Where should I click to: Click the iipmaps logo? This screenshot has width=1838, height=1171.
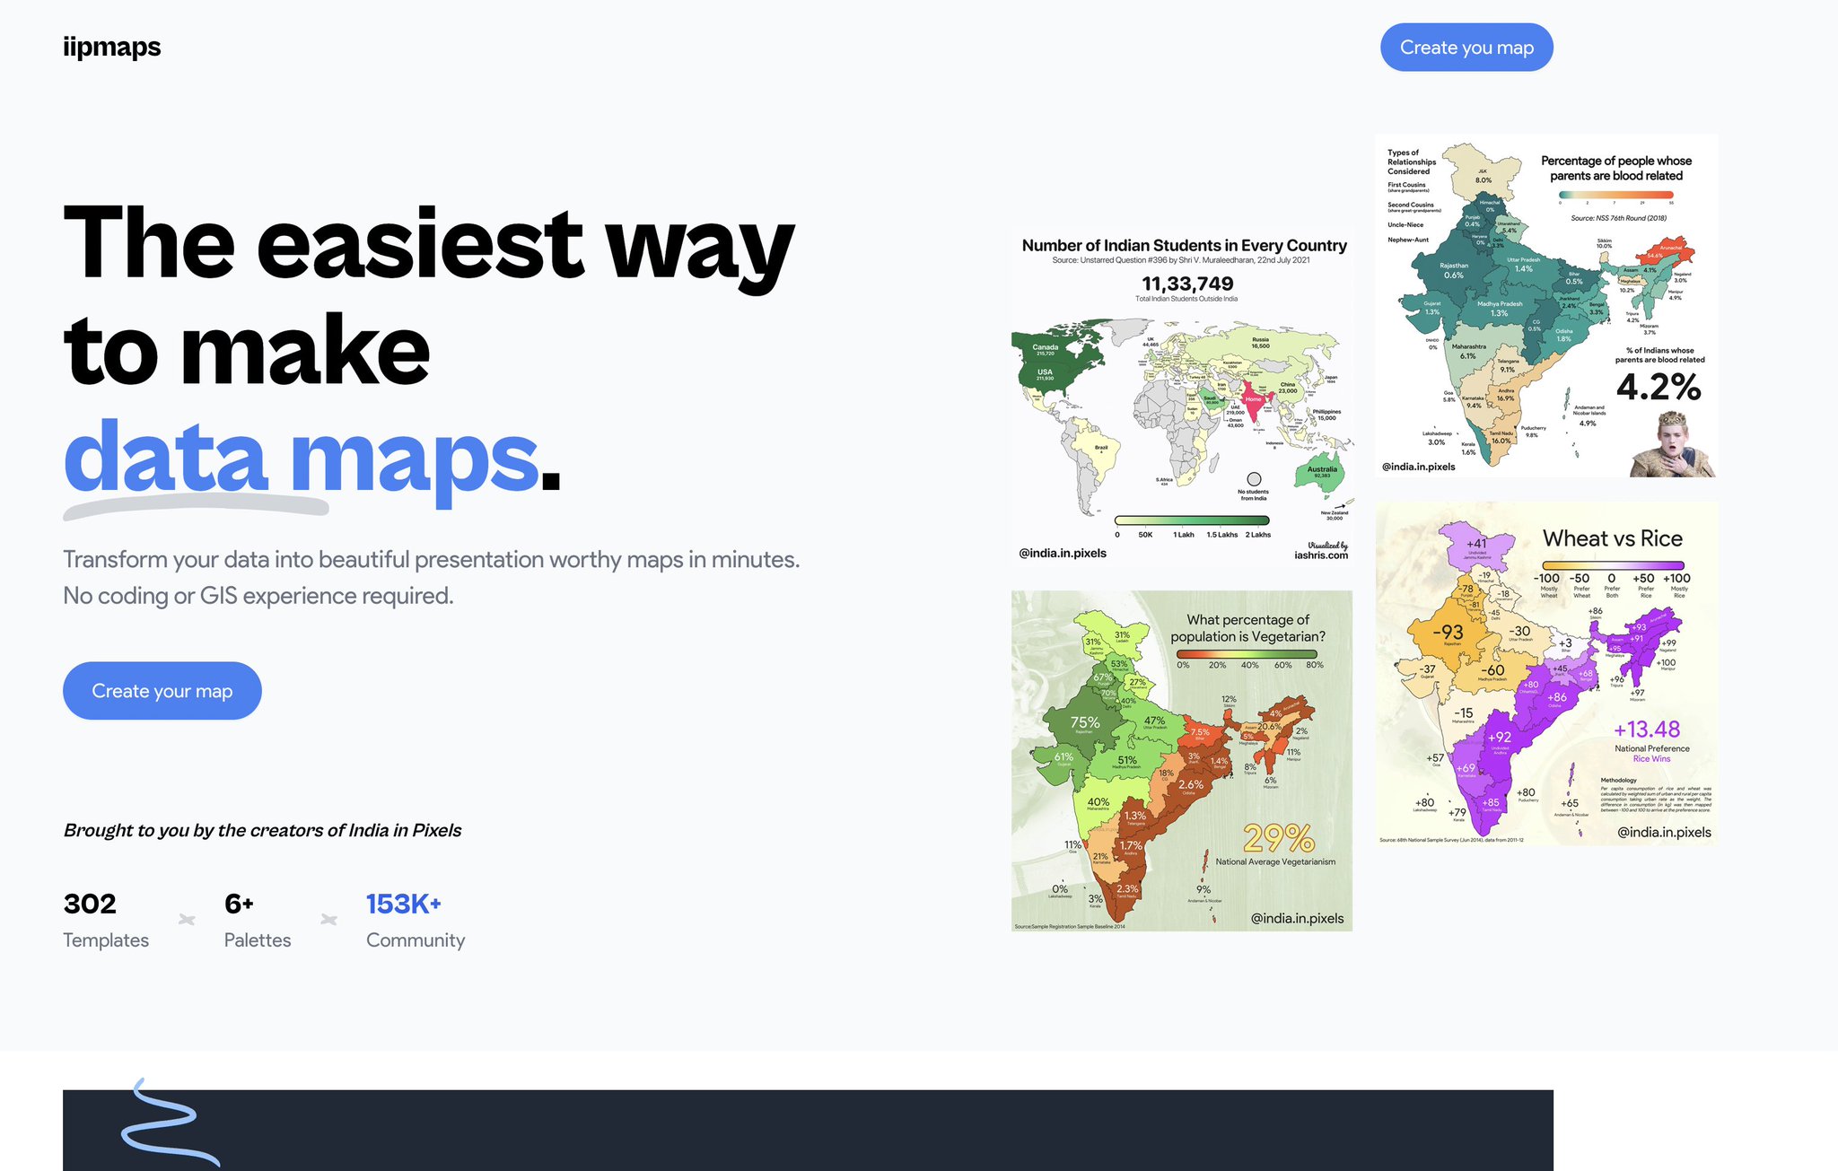[x=112, y=47]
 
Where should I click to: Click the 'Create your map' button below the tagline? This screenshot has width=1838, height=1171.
[x=162, y=691]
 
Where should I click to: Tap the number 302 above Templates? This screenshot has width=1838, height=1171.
[x=90, y=904]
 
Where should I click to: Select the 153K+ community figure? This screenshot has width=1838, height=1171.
[x=403, y=904]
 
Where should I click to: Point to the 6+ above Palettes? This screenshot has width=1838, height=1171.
[x=239, y=904]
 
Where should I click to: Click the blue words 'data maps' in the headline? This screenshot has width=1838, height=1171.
[x=301, y=458]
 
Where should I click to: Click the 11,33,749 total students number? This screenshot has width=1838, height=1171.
[x=1186, y=284]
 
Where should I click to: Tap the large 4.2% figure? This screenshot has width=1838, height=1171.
[x=1658, y=387]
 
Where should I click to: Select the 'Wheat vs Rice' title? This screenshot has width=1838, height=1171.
[x=1612, y=538]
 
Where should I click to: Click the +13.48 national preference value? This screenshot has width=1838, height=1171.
[x=1646, y=730]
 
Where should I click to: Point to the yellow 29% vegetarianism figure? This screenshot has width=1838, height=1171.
[x=1278, y=839]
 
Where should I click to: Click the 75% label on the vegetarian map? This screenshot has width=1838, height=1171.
[x=1084, y=722]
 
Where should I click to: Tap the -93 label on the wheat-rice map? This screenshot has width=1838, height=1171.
[x=1448, y=632]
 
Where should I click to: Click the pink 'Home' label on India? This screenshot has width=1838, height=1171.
[x=1253, y=399]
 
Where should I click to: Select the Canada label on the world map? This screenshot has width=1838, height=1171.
[x=1045, y=347]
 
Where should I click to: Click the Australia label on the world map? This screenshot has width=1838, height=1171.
[x=1322, y=469]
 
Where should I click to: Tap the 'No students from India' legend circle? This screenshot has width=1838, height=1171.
[x=1254, y=479]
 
